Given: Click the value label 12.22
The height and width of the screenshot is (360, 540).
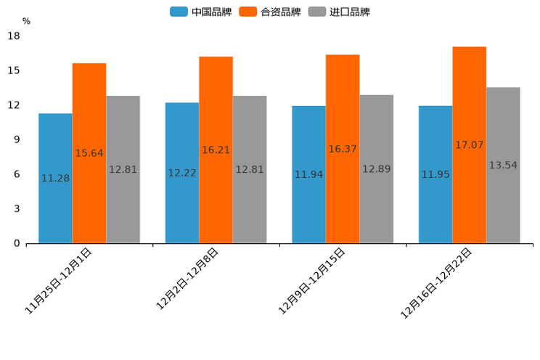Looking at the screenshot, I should coord(182,173).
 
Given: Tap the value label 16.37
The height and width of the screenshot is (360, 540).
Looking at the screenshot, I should coord(343,149).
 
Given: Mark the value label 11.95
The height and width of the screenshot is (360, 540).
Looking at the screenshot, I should coord(435,174).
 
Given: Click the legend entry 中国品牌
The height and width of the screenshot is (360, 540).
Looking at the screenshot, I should coord(201,12).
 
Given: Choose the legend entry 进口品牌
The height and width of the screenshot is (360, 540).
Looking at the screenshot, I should coord(339,12).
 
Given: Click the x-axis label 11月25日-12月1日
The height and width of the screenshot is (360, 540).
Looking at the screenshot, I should coord(60,279).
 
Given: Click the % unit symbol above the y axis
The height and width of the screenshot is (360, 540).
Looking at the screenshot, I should coord(26,21).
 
